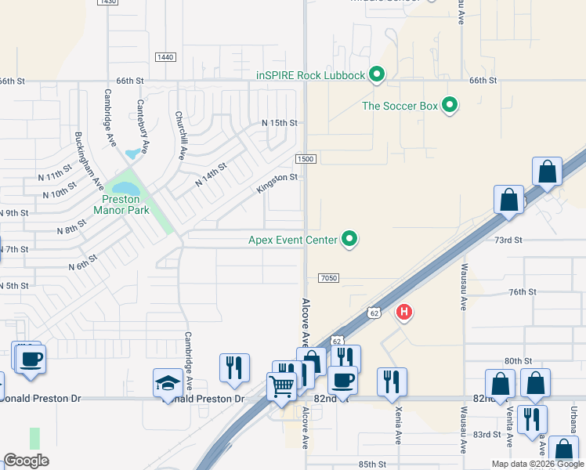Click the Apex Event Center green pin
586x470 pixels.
pyautogui.click(x=349, y=240)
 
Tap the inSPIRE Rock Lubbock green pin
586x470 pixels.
pyautogui.click(x=376, y=75)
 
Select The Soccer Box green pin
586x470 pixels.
pyautogui.click(x=450, y=105)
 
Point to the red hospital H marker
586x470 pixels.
pyautogui.click(x=403, y=313)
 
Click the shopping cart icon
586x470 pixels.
pyautogui.click(x=281, y=385)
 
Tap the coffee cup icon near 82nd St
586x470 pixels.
pyautogui.click(x=342, y=380)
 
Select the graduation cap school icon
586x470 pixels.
pyautogui.click(x=168, y=382)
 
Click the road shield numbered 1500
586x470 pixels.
pyautogui.click(x=306, y=159)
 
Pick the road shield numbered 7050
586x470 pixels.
pyautogui.click(x=329, y=278)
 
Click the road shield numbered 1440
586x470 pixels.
pyautogui.click(x=165, y=57)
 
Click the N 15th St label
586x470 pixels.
pyautogui.click(x=279, y=123)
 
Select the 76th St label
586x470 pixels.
pyautogui.click(x=521, y=291)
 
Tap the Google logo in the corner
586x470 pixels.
pyautogui.click(x=26, y=460)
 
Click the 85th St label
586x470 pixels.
pyautogui.click(x=372, y=464)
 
